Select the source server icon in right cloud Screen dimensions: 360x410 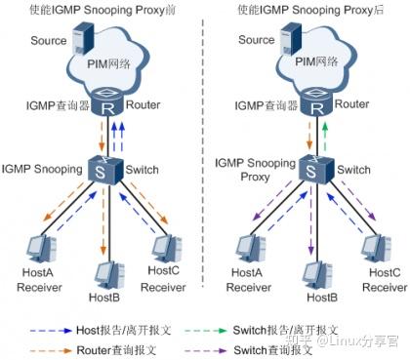[289, 41]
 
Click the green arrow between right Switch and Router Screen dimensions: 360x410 [327, 134]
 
